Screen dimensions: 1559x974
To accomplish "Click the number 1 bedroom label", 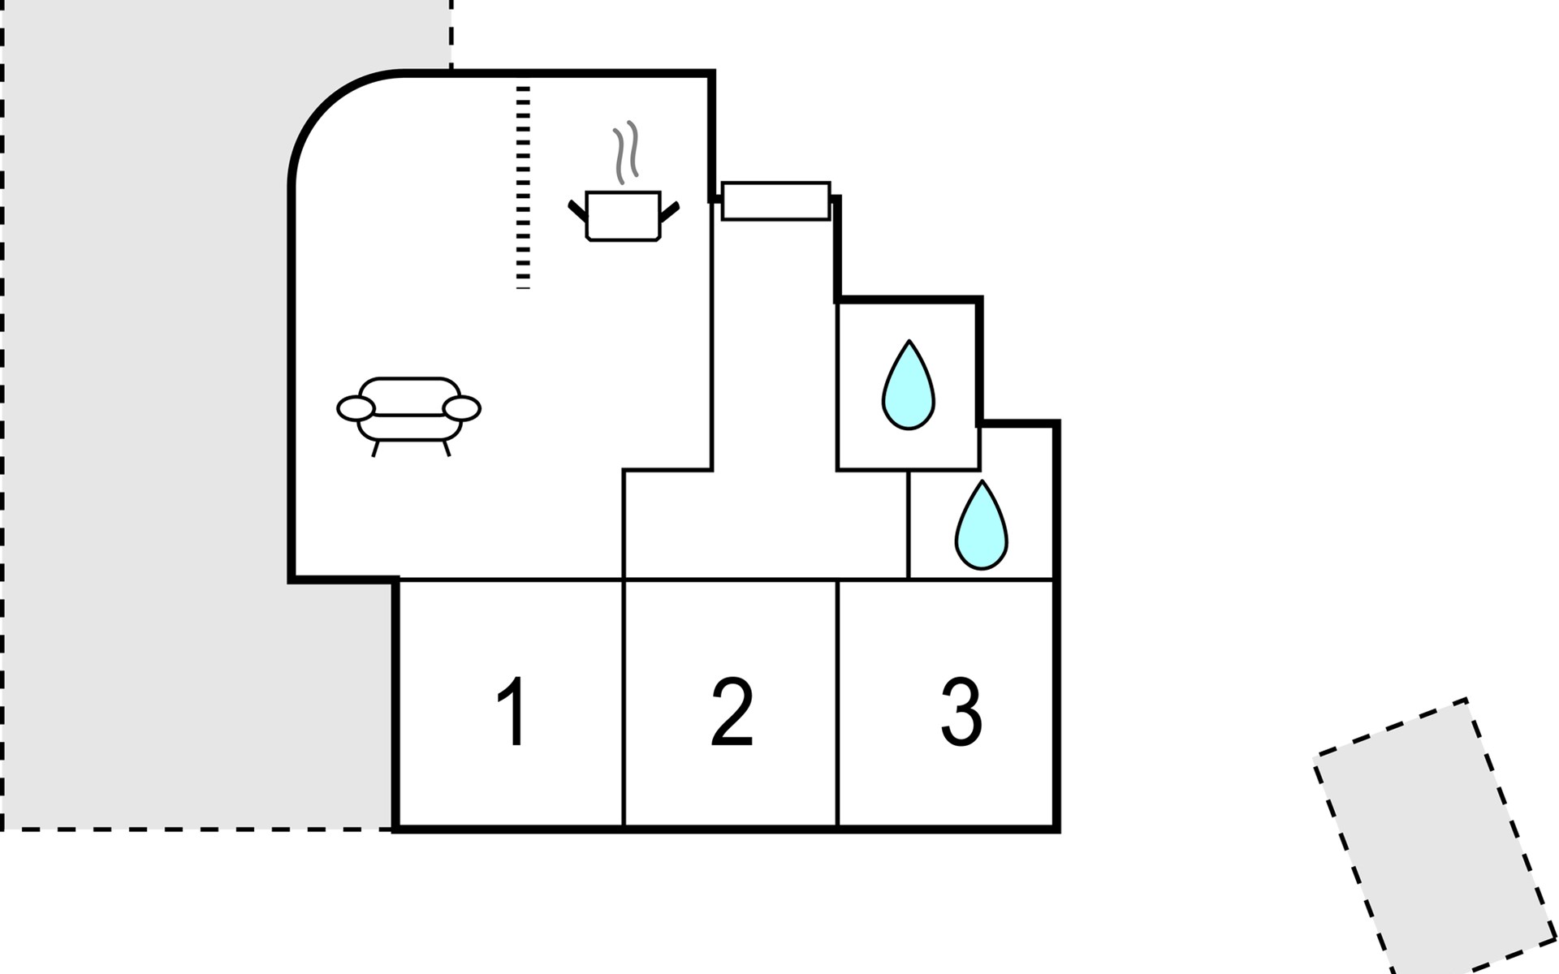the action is pos(512,712).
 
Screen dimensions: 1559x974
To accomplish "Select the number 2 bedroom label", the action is pos(732,712).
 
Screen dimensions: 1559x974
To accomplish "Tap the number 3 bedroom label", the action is pos(961,712).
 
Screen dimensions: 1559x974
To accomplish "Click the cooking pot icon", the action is pos(623,216).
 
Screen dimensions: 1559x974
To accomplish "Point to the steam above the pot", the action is pos(625,152).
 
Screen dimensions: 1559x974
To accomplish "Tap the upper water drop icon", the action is pos(909,385).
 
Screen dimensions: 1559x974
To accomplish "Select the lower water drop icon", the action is pos(981,524).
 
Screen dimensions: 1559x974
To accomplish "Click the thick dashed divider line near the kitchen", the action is pos(523,187).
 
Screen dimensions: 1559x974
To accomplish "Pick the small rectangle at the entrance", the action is pos(775,200).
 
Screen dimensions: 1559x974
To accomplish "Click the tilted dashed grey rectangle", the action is pos(1435,836).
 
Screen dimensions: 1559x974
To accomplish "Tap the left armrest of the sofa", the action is pos(356,408).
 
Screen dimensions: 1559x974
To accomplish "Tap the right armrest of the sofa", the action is pos(461,408).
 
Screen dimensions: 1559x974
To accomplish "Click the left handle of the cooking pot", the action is pos(577,211).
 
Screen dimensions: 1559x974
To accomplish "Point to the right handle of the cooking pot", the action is pos(669,211).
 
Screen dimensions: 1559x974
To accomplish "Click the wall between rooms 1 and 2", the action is pos(623,704).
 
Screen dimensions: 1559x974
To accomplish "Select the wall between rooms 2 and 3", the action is pos(837,704).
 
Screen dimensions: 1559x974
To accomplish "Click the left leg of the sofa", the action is pos(375,448).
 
